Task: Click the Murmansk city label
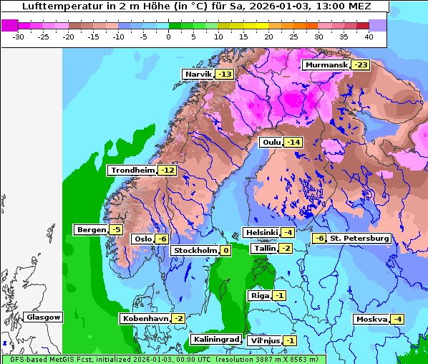pyautogui.click(x=326, y=65)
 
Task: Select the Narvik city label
pyautogui.click(x=198, y=74)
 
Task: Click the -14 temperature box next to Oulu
pyautogui.click(x=293, y=142)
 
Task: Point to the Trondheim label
pyautogui.click(x=132, y=170)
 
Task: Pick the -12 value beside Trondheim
pyautogui.click(x=167, y=170)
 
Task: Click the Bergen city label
pyautogui.click(x=90, y=229)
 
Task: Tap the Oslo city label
pyautogui.click(x=142, y=239)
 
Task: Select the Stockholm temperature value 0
pyautogui.click(x=225, y=250)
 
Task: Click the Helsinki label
pyautogui.click(x=261, y=232)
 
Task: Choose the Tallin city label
pyautogui.click(x=264, y=248)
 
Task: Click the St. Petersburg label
pyautogui.click(x=359, y=238)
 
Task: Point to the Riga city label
pyautogui.click(x=258, y=295)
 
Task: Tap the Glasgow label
pyautogui.click(x=43, y=317)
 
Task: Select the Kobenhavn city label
pyautogui.click(x=145, y=318)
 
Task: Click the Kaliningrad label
pyautogui.click(x=215, y=339)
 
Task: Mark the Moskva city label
pyautogui.click(x=371, y=319)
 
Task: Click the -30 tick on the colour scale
pyautogui.click(x=19, y=36)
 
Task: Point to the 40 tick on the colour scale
pyautogui.click(x=369, y=36)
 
